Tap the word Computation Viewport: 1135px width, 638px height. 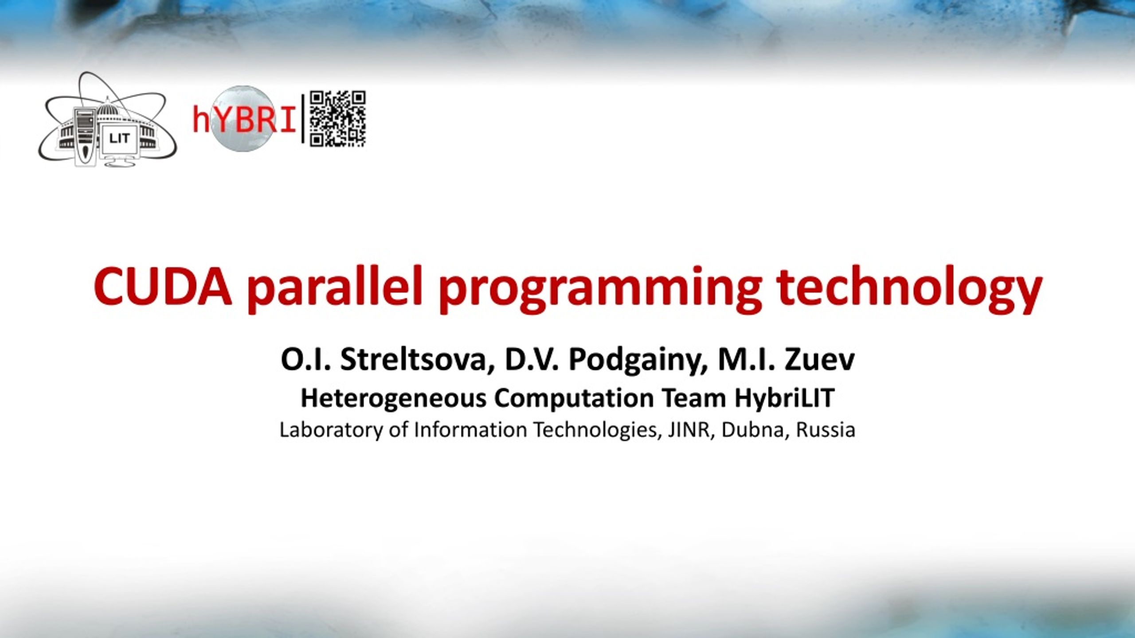[x=574, y=398]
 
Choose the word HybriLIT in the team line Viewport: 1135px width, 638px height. [x=784, y=398]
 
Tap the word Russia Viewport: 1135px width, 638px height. [x=826, y=430]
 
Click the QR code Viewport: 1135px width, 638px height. [x=337, y=119]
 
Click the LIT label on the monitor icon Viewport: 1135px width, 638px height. [x=119, y=139]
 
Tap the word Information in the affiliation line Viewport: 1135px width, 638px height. [x=470, y=430]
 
